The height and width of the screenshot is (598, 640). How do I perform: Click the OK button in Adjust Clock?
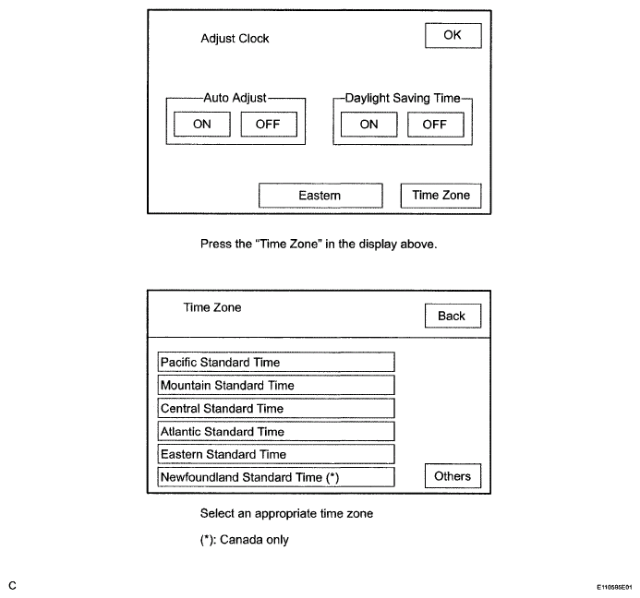click(453, 35)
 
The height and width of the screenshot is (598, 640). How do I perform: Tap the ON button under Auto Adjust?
click(202, 124)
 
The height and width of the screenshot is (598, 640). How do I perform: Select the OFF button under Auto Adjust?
click(269, 124)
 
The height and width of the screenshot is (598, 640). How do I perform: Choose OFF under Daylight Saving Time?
click(436, 125)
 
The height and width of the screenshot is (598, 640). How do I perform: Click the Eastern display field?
click(320, 196)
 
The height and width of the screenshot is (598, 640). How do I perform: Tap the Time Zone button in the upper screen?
click(441, 196)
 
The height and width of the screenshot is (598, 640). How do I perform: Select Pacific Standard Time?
click(276, 362)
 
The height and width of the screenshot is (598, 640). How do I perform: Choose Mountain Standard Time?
click(276, 385)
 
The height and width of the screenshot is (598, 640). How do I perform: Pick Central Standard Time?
click(276, 408)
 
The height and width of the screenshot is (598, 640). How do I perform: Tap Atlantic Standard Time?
click(276, 431)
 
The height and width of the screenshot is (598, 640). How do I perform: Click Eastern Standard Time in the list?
click(276, 454)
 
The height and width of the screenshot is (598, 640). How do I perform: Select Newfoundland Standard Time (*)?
click(276, 477)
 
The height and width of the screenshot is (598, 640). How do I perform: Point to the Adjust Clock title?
click(235, 39)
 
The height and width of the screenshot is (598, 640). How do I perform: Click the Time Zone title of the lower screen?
click(212, 307)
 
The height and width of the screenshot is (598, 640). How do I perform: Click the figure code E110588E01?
click(614, 588)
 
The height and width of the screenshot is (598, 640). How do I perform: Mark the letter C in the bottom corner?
click(12, 586)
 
